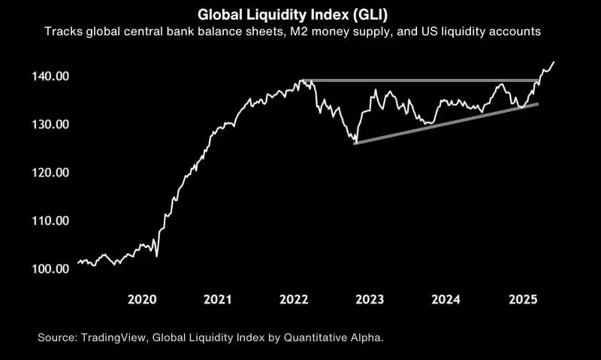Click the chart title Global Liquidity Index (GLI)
point(300,14)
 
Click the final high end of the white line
point(554,62)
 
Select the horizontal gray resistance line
point(421,80)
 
